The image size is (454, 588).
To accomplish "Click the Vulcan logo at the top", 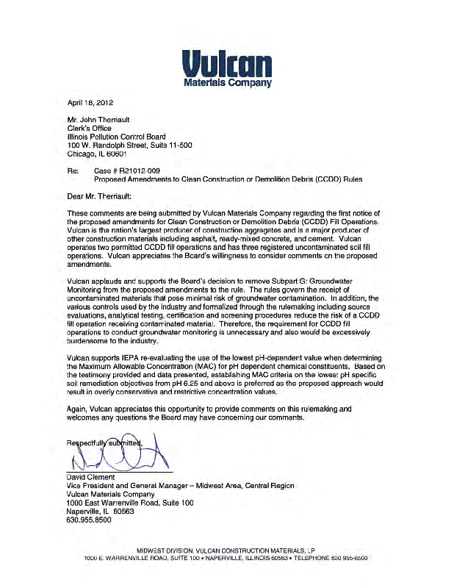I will (226, 60).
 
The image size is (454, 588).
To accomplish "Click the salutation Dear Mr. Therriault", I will (98, 197).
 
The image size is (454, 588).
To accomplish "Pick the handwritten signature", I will (121, 451).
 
